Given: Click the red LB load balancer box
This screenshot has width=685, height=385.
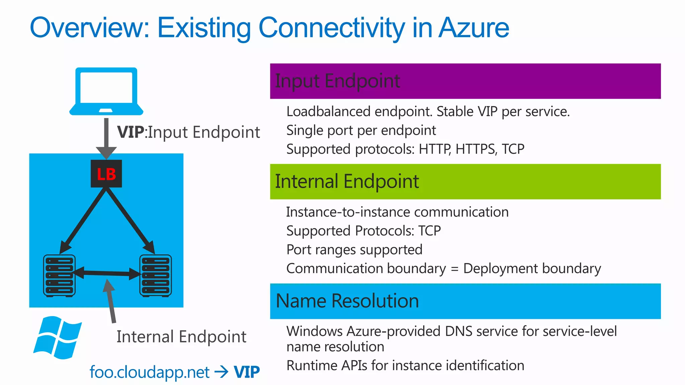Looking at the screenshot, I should [x=106, y=174].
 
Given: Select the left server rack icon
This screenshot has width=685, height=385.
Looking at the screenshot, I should [x=59, y=276].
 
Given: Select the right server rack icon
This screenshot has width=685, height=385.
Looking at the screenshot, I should [x=156, y=276].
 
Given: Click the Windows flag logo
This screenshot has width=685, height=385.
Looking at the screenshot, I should [x=58, y=338].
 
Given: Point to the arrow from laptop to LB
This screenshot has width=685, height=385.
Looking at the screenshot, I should [x=106, y=137].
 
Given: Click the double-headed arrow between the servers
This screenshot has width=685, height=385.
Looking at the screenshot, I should [x=107, y=273].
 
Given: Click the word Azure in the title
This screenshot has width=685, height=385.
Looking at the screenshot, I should [x=474, y=27].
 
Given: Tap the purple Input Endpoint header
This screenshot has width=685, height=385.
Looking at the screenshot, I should [x=465, y=81].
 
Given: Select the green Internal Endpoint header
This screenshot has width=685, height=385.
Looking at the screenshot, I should [x=465, y=181].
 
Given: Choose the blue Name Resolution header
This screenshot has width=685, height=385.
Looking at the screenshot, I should [x=465, y=301].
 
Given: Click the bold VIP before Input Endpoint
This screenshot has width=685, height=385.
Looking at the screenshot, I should [x=131, y=132].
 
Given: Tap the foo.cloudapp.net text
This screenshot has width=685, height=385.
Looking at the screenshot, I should [x=150, y=372].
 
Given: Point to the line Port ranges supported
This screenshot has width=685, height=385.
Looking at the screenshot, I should [x=354, y=250].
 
